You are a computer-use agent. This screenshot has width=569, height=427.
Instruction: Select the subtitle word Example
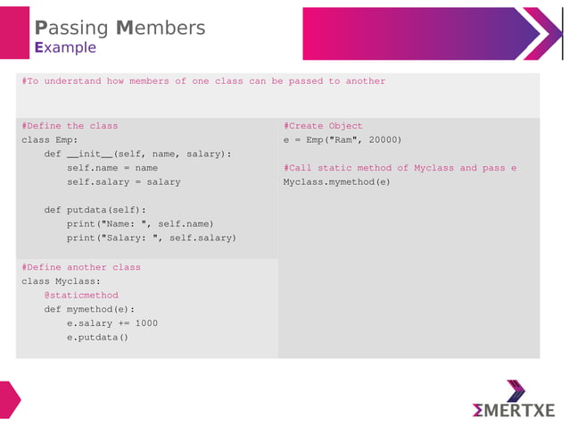click(x=65, y=47)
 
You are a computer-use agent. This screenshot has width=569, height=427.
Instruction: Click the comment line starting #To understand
click(x=203, y=81)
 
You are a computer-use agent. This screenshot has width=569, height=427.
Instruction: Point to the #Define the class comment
click(x=70, y=126)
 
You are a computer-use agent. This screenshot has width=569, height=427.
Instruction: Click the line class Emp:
click(x=50, y=140)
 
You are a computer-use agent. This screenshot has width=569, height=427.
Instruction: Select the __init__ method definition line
click(x=137, y=154)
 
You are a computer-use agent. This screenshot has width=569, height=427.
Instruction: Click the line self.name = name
click(x=112, y=168)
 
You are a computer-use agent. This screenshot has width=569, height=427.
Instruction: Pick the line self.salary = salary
click(x=123, y=181)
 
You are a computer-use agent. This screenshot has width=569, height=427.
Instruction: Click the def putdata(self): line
click(x=95, y=210)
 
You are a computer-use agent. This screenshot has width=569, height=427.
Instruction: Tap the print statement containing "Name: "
click(x=140, y=223)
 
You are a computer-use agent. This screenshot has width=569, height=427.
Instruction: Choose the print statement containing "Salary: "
click(x=152, y=238)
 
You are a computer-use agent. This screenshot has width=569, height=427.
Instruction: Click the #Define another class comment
click(x=81, y=267)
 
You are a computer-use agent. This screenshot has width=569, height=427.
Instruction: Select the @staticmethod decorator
click(x=81, y=295)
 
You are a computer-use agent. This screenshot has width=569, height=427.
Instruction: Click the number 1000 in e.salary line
click(x=146, y=322)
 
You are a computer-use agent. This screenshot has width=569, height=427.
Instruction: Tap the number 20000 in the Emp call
click(x=382, y=140)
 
